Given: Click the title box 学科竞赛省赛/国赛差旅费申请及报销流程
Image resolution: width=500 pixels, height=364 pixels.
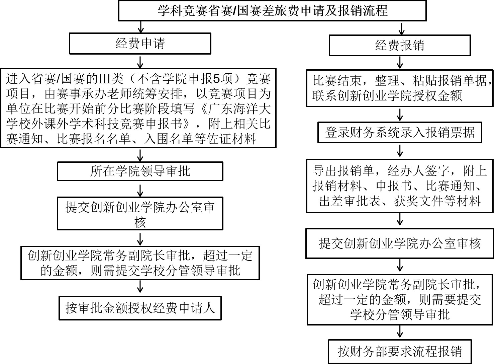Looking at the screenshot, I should (272, 11).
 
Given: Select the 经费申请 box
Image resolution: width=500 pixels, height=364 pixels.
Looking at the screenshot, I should (140, 44).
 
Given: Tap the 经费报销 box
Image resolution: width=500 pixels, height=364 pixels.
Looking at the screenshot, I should (399, 45).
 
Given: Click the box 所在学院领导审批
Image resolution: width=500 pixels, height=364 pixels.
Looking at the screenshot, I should (140, 171).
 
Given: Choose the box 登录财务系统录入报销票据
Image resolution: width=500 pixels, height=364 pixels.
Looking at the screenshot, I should (400, 133).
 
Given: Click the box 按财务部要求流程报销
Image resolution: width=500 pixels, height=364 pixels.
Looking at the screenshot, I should (400, 352).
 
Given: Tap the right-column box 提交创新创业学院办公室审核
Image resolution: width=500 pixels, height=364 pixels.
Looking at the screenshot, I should (400, 243).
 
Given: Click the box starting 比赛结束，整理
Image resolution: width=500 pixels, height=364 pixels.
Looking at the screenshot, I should (400, 88).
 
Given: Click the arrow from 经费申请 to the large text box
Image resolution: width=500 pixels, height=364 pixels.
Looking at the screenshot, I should (140, 61).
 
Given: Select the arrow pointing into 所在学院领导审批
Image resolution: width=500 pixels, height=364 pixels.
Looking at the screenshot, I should (140, 155).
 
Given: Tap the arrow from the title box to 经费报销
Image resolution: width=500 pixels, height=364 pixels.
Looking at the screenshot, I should (400, 28).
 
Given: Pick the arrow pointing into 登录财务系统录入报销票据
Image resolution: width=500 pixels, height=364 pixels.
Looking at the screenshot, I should (400, 115).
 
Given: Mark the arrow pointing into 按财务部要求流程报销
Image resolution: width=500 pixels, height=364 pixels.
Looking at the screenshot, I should (400, 332).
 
